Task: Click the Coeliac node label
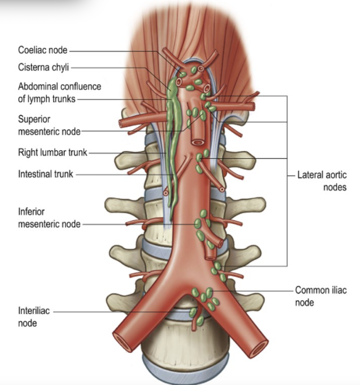click(42, 50)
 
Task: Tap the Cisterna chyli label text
click(43, 67)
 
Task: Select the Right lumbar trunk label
click(52, 152)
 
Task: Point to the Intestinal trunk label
click(45, 174)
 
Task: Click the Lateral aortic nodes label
click(322, 181)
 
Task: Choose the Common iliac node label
click(321, 296)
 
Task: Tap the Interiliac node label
click(34, 317)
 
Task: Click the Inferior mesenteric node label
click(49, 218)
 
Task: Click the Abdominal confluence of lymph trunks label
click(59, 92)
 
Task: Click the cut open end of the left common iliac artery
click(259, 348)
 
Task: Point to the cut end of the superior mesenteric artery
click(197, 142)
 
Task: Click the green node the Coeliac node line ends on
click(183, 74)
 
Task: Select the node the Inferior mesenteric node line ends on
click(198, 224)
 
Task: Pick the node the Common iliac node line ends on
click(209, 292)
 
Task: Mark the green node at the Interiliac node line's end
click(193, 312)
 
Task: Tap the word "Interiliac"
click(34, 311)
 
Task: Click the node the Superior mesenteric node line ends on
click(203, 115)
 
